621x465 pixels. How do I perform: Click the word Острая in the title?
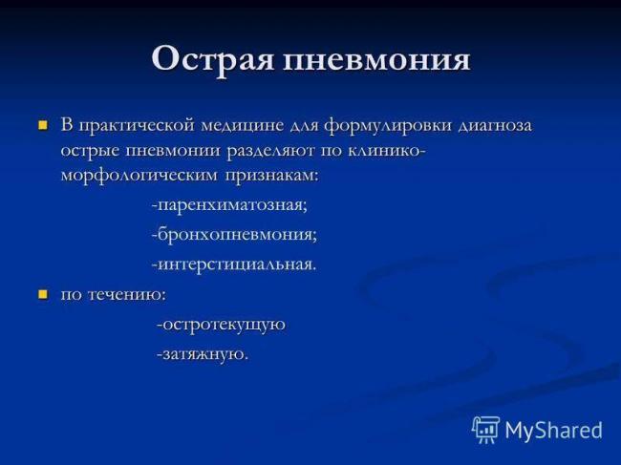[213, 59]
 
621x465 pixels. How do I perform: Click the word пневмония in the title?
[376, 59]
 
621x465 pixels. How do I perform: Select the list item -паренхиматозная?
[228, 205]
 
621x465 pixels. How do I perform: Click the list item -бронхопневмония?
[233, 234]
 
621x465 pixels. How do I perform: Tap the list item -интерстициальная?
[233, 264]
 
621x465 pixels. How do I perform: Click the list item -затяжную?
[203, 354]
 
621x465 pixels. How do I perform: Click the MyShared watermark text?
[553, 430]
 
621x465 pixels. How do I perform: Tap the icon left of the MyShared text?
[485, 430]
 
